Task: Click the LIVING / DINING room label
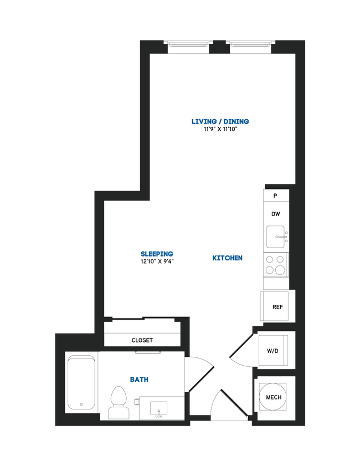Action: [220, 121]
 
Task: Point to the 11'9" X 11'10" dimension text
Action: [220, 130]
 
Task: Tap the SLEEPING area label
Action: [157, 254]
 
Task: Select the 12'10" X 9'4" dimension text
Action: [157, 263]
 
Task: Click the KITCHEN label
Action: [227, 258]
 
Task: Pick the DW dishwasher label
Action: [275, 214]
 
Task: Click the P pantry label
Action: [275, 196]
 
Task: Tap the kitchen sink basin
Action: [276, 237]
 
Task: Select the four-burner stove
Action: [275, 264]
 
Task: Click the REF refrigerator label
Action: [277, 306]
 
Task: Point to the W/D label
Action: [272, 350]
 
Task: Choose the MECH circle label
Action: [274, 397]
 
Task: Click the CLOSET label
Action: [142, 340]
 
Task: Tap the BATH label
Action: [139, 380]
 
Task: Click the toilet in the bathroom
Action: [117, 402]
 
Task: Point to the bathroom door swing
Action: [200, 377]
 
